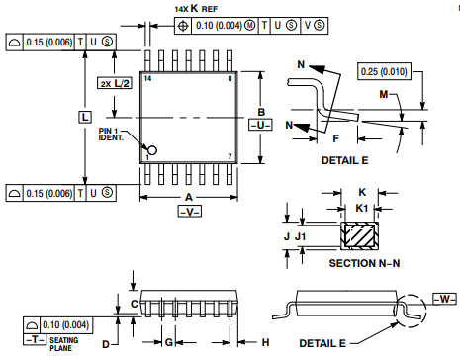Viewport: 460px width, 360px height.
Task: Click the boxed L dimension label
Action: coord(84,117)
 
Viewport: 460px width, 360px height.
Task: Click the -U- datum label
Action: coord(260,126)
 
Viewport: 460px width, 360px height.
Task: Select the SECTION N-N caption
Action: coord(363,264)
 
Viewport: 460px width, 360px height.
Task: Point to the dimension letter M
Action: coord(382,94)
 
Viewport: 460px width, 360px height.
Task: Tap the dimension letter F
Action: coord(335,138)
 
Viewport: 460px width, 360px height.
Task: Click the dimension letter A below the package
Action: coord(188,197)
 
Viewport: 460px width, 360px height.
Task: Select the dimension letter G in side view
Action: coord(168,342)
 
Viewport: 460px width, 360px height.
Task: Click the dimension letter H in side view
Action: coord(265,342)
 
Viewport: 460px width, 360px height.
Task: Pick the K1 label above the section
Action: coord(363,208)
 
